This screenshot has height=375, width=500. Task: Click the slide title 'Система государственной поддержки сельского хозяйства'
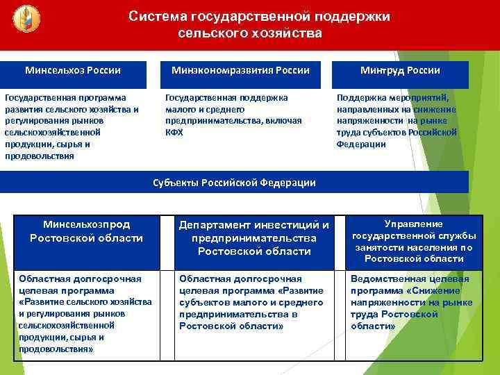coord(259,24)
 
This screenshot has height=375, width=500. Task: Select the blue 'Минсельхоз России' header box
coord(73,71)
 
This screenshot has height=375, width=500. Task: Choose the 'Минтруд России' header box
coord(400,71)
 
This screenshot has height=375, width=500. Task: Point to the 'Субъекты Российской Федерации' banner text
coord(234,183)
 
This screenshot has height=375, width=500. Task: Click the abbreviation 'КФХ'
coord(174,132)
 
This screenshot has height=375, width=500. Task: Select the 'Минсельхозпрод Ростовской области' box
coord(86,231)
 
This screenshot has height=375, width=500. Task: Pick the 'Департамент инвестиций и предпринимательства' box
coord(254,237)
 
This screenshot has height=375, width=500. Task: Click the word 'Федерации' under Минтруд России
coord(361,144)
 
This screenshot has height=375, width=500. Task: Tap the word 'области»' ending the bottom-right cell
coord(374,326)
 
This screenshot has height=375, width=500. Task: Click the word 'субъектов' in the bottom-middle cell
coord(201,303)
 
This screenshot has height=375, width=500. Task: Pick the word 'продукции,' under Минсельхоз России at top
coord(28,144)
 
